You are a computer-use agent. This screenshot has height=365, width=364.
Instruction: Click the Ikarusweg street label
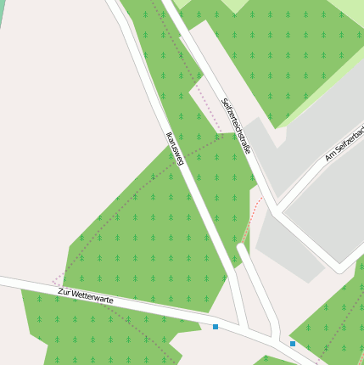[175, 147]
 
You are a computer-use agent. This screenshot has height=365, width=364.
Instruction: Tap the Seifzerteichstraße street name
[236, 126]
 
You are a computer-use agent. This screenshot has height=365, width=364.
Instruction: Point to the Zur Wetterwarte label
[85, 296]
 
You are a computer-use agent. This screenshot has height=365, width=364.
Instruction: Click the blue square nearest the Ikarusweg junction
[216, 326]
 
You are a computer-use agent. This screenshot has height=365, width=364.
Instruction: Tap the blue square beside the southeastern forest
[293, 344]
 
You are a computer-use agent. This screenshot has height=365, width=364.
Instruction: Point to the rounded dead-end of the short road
[242, 249]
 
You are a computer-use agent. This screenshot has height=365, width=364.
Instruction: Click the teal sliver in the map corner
[2, 10]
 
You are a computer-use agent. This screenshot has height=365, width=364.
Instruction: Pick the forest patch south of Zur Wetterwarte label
[85, 331]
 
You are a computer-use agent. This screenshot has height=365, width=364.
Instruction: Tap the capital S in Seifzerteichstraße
[224, 103]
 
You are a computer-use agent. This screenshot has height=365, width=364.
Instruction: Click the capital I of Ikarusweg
[167, 132]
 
